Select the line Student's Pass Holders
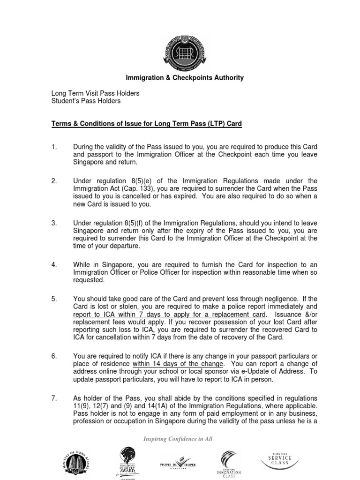(86, 101)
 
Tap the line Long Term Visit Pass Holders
(95, 93)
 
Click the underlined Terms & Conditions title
(146, 124)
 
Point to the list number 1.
(53, 147)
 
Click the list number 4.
(53, 265)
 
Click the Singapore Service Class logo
(280, 459)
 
